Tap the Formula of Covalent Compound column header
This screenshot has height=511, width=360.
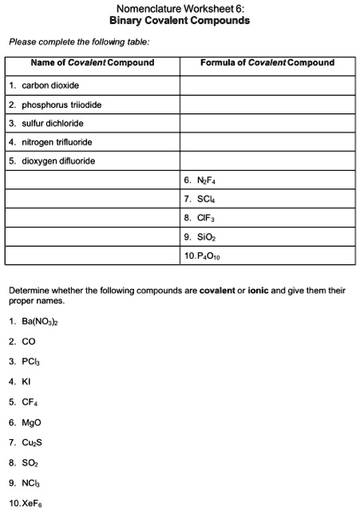[x=267, y=63]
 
